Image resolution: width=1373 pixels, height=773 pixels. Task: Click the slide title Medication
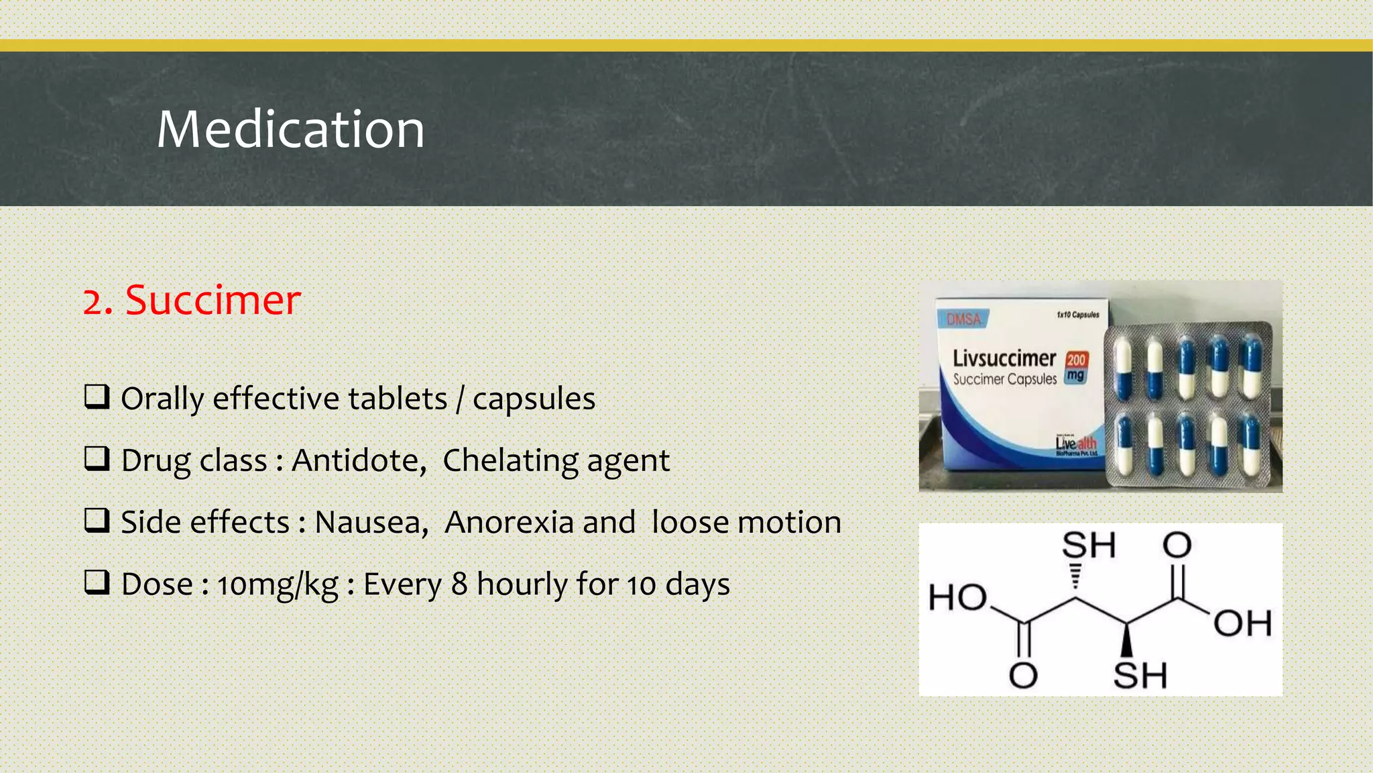290,130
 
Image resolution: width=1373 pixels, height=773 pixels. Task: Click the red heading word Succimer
213,300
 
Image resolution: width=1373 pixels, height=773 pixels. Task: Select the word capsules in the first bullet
534,399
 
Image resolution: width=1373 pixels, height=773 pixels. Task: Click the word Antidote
359,461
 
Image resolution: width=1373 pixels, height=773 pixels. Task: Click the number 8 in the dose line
459,584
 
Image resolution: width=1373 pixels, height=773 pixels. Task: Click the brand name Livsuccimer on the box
1004,358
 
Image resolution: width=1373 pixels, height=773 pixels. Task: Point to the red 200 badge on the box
1076,360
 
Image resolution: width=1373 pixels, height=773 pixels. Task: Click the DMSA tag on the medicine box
963,319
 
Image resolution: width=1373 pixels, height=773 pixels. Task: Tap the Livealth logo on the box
1076,444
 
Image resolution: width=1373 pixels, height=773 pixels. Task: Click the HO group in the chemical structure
957,597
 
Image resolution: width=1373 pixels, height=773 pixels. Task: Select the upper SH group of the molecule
1089,545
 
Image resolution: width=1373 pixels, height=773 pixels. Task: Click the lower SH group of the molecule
1140,675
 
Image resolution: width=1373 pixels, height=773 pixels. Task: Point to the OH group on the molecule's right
1242,623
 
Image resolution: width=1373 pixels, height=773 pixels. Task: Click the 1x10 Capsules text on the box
1077,315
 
